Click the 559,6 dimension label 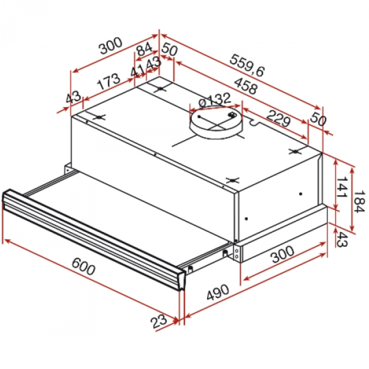[247, 65]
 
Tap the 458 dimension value [246, 86]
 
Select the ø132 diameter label [214, 100]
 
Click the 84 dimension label [144, 48]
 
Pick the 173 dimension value [109, 81]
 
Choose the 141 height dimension [342, 187]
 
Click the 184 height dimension [359, 202]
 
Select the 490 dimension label [218, 292]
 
